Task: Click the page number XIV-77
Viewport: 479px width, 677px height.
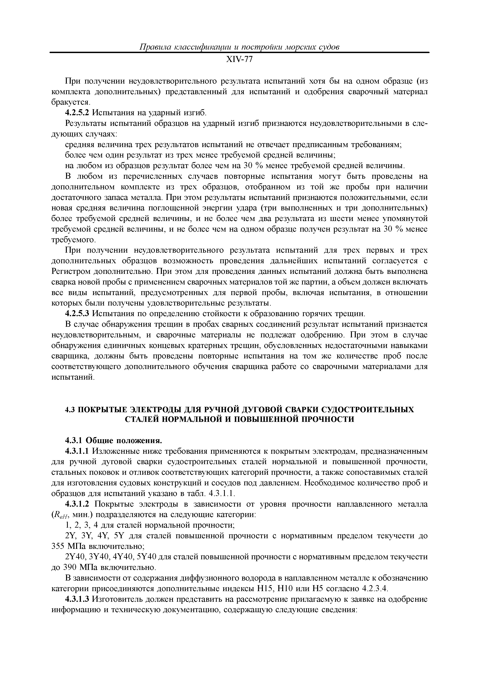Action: (x=239, y=60)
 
